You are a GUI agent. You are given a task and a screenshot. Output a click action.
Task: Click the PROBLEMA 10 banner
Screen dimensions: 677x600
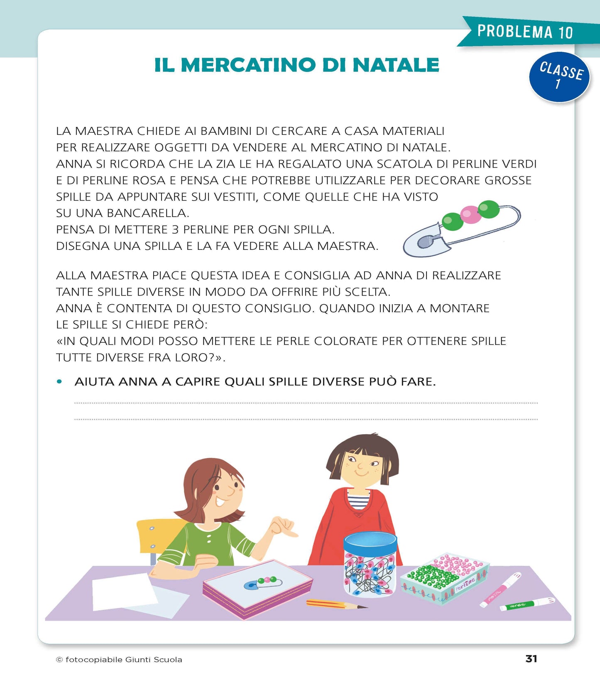tap(525, 32)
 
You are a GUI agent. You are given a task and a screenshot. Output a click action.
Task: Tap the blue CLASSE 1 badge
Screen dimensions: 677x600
tap(559, 77)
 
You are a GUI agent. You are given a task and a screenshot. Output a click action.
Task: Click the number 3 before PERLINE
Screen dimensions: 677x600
tap(175, 230)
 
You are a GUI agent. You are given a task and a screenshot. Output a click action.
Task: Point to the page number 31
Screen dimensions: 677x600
tap(531, 659)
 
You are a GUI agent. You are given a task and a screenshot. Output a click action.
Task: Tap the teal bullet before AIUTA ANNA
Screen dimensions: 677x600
tap(59, 381)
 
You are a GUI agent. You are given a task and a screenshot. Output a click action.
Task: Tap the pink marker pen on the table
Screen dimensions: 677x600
tap(500, 589)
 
